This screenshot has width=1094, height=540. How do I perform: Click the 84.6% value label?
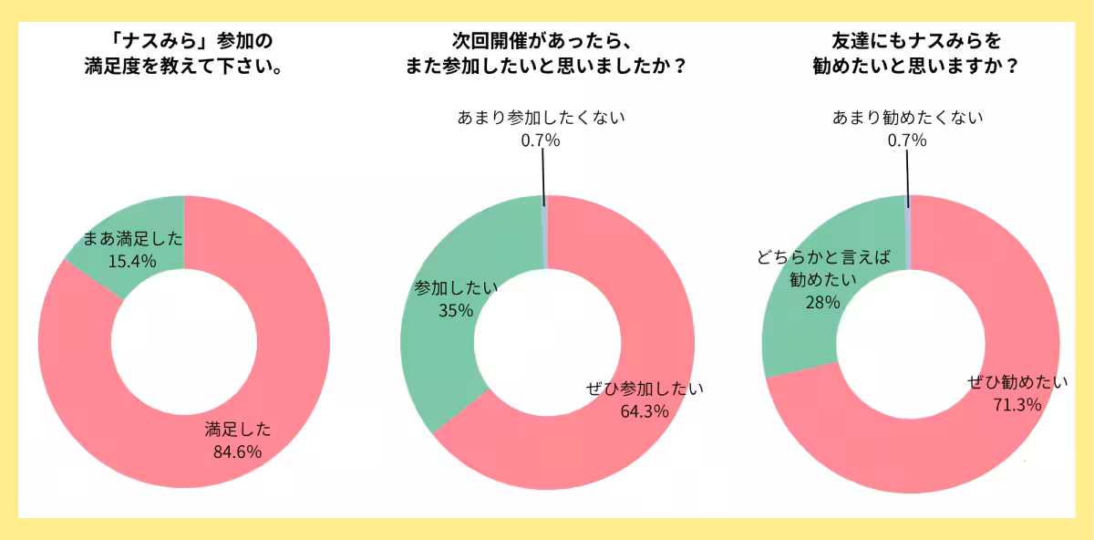pyautogui.click(x=238, y=451)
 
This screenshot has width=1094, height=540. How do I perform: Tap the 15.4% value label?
pyautogui.click(x=132, y=261)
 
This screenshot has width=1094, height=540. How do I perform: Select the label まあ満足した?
pyautogui.click(x=133, y=240)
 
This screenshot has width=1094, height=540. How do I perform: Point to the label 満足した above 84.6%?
pyautogui.click(x=238, y=429)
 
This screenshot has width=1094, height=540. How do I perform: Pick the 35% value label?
pyautogui.click(x=456, y=310)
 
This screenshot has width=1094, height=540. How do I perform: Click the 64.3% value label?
pyautogui.click(x=645, y=410)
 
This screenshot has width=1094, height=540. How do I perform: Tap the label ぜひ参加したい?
pyautogui.click(x=645, y=389)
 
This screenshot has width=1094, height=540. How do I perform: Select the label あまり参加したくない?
pyautogui.click(x=541, y=118)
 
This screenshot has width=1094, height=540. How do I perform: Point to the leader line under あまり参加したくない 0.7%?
pyautogui.click(x=543, y=173)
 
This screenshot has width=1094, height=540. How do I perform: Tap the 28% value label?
pyautogui.click(x=822, y=302)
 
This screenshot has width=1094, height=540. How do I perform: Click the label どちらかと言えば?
pyautogui.click(x=822, y=257)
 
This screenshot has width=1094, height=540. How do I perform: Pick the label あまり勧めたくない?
pyautogui.click(x=907, y=118)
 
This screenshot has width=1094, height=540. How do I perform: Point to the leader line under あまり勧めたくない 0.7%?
pyautogui.click(x=908, y=173)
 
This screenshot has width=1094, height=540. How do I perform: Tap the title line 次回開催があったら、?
pyautogui.click(x=542, y=42)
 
